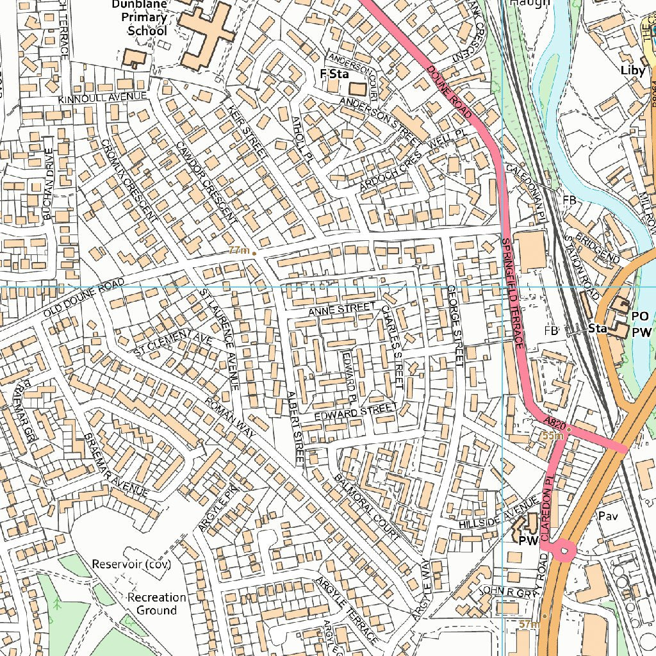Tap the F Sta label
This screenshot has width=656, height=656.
point(334,74)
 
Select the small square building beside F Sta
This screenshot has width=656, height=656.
point(357,88)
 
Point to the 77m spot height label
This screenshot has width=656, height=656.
point(238,250)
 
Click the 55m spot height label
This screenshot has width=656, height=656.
point(552,436)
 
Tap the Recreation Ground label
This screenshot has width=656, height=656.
point(156,603)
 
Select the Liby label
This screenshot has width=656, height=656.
point(633,70)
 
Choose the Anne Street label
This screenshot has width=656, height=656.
point(341,309)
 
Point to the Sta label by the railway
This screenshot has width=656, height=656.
point(597,329)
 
